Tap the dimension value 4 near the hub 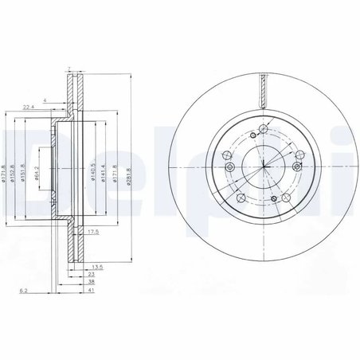tap(45, 100)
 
